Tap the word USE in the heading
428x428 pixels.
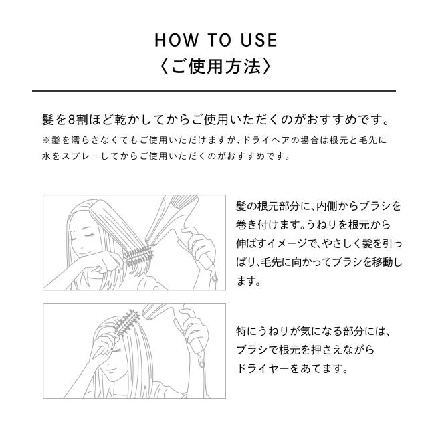point(256,40)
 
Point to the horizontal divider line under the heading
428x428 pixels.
point(214,90)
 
